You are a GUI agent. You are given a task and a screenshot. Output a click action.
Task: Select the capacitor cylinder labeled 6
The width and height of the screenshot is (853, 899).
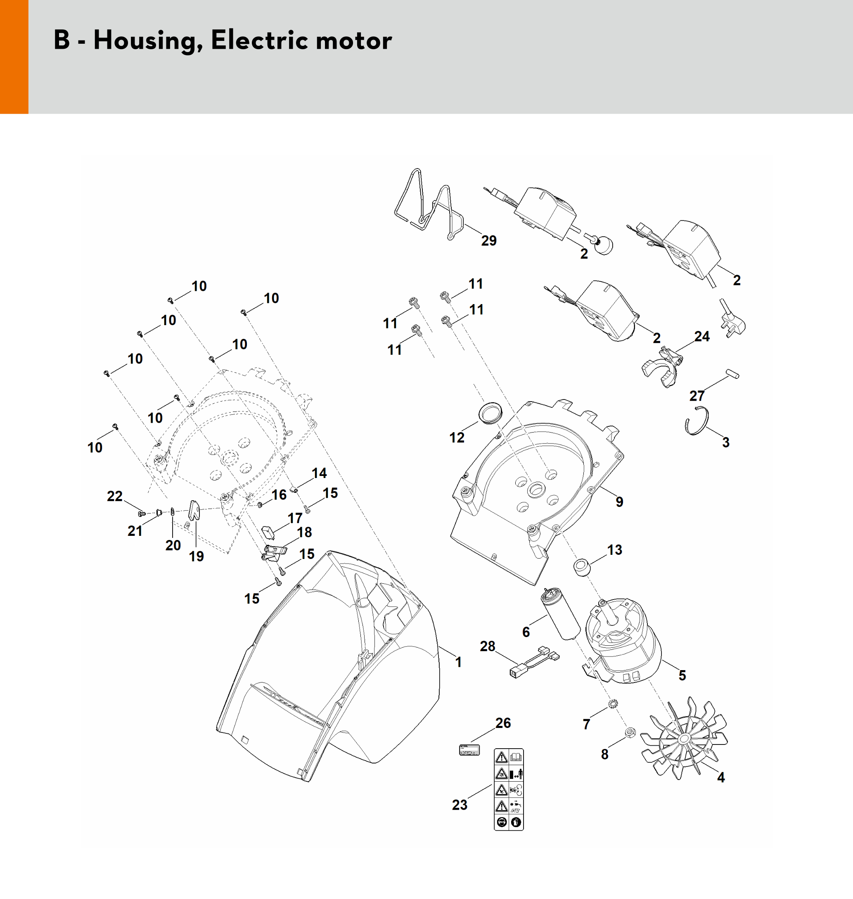click(560, 614)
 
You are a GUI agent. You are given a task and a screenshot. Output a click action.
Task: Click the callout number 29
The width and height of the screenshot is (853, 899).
click(489, 241)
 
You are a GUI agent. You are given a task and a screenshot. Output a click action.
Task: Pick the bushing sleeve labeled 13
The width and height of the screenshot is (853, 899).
click(582, 567)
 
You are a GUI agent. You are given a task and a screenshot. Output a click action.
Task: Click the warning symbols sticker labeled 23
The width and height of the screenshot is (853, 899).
click(509, 790)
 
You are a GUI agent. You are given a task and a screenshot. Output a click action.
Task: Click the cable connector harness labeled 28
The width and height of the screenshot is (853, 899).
click(534, 663)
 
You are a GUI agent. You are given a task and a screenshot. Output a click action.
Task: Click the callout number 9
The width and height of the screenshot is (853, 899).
click(619, 502)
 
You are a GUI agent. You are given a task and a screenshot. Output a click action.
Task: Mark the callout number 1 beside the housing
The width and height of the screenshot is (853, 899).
click(458, 662)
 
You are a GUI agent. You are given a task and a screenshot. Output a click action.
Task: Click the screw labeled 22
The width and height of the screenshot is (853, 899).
click(141, 514)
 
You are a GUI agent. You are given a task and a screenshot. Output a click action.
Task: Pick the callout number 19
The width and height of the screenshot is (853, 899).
click(197, 556)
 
